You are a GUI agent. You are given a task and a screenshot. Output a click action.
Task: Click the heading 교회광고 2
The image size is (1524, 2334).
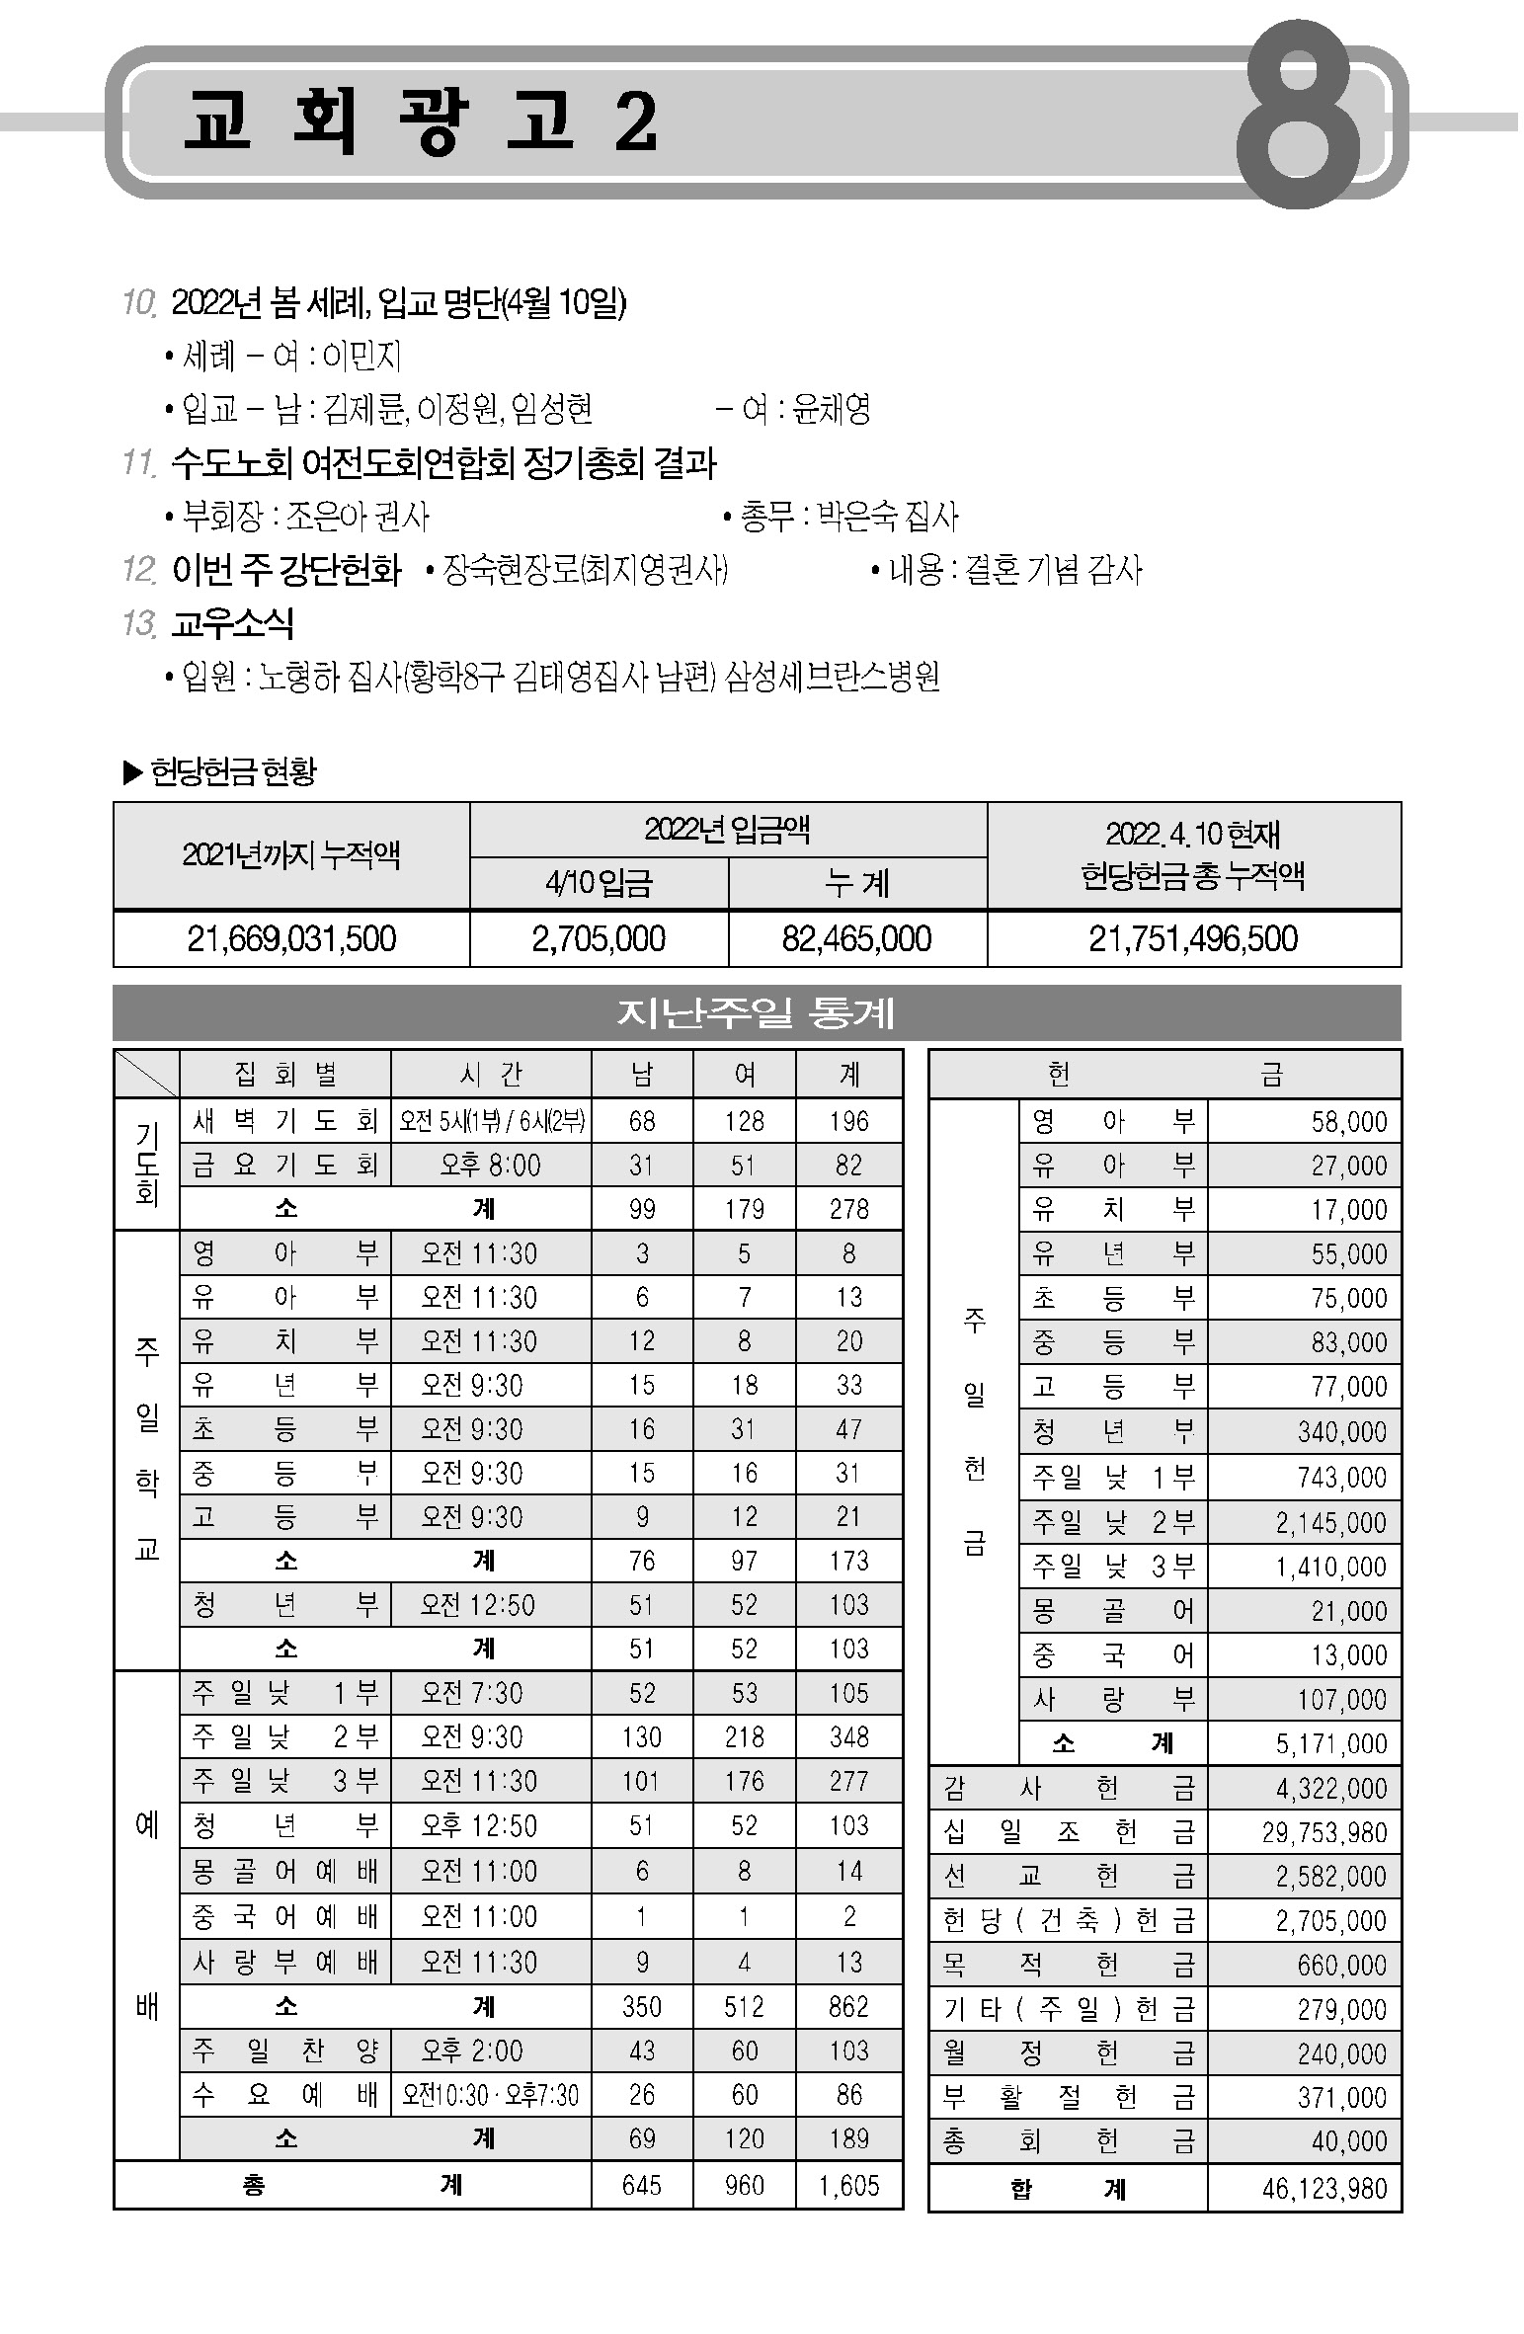tap(421, 122)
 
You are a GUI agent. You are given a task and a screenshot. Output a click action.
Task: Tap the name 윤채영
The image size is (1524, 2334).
tap(832, 408)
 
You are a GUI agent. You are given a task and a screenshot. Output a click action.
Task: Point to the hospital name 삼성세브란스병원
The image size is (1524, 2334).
tap(832, 677)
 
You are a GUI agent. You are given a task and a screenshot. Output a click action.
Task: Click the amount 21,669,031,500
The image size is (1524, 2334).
tap(291, 937)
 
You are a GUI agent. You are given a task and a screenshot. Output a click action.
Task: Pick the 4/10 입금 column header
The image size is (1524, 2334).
tap(599, 882)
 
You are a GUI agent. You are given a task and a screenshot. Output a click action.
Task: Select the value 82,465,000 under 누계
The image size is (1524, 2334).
tap(856, 937)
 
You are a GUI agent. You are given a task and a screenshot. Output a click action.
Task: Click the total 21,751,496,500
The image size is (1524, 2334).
tap(1193, 937)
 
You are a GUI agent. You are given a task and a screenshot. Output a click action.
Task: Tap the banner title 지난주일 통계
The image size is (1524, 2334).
tap(757, 1012)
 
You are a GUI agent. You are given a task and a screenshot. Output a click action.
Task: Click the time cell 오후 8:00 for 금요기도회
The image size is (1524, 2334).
tap(490, 1166)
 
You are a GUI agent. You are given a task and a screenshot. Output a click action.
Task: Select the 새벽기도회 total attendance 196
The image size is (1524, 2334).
tap(848, 1121)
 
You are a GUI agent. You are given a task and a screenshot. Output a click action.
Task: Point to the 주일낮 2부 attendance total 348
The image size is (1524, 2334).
tap(848, 1736)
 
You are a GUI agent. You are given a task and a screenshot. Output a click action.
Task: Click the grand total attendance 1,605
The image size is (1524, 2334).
tap(848, 2185)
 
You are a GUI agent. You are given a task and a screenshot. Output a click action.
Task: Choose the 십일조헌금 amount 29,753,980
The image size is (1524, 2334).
tap(1323, 1833)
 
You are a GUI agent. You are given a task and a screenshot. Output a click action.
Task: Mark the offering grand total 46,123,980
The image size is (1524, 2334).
tap(1323, 2189)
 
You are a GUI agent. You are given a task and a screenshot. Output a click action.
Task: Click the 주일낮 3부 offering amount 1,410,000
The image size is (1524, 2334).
tap(1330, 1567)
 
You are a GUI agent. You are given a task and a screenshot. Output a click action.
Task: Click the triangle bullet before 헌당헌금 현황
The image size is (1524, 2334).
tap(132, 772)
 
